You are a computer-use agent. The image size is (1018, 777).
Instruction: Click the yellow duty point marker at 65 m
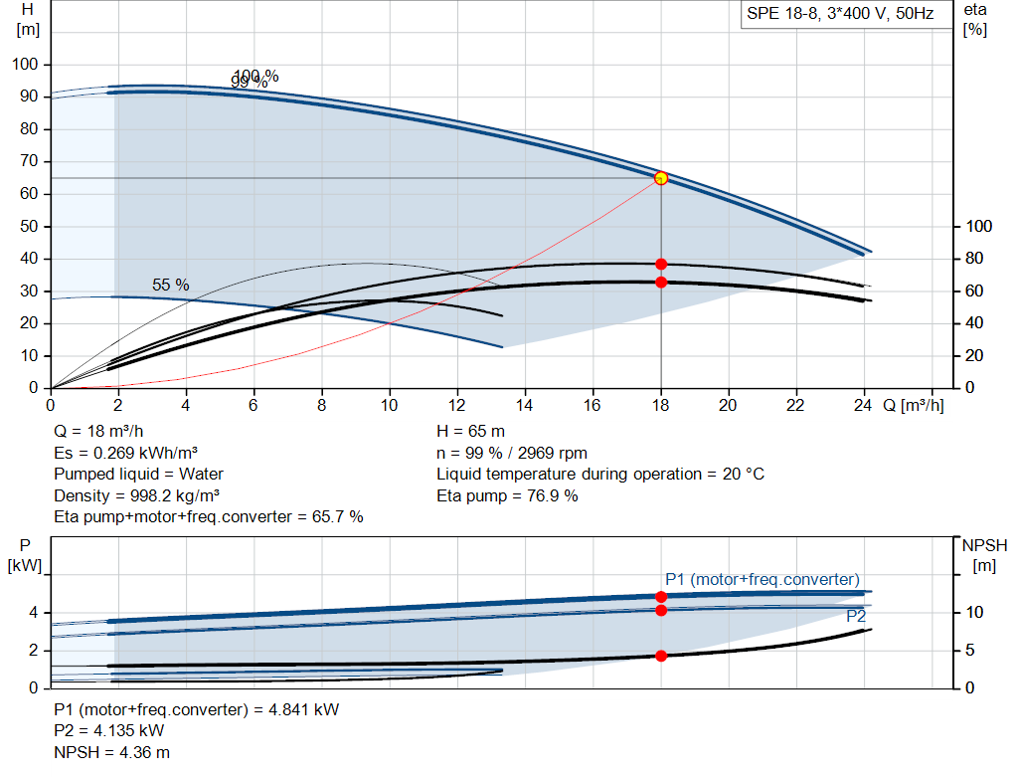click(661, 178)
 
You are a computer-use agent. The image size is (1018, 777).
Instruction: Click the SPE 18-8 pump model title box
click(840, 15)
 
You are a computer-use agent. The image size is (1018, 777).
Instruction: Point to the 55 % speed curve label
click(170, 285)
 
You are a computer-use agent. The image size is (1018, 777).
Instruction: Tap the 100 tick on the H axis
click(25, 65)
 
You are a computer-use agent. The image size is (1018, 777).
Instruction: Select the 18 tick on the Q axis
click(661, 405)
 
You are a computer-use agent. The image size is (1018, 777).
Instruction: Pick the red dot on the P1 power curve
click(661, 597)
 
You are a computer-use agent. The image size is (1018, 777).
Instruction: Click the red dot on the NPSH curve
click(661, 656)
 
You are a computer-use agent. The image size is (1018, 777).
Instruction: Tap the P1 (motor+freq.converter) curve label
click(762, 579)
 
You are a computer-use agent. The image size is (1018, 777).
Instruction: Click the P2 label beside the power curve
click(856, 617)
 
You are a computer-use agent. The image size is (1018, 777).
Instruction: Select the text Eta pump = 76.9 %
click(507, 495)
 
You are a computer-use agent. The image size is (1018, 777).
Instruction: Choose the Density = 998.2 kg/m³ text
click(137, 495)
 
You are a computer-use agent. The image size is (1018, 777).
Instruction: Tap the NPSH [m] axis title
click(983, 555)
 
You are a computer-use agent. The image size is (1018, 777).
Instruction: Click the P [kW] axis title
click(26, 555)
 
